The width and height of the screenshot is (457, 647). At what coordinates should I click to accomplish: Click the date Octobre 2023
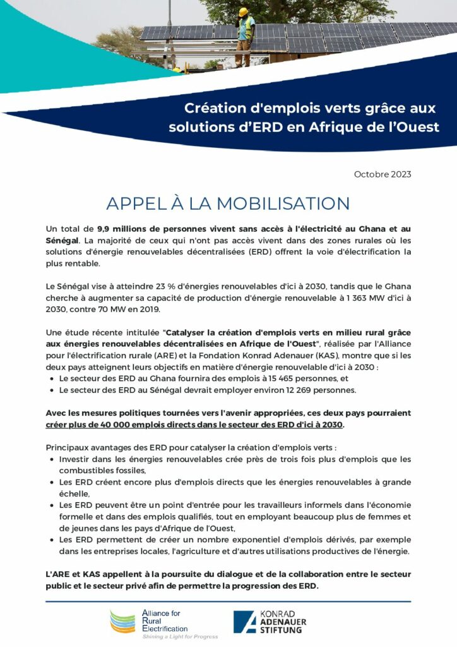(x=383, y=174)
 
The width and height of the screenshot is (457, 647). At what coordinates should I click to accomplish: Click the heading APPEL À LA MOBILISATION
(x=228, y=203)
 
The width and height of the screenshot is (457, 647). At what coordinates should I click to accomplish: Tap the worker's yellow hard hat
(x=243, y=12)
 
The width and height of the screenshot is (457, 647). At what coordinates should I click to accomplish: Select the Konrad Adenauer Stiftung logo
(x=272, y=622)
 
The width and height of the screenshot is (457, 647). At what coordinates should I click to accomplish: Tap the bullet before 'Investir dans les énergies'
(x=51, y=459)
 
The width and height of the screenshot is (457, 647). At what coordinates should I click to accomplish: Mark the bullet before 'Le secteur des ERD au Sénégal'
(x=51, y=390)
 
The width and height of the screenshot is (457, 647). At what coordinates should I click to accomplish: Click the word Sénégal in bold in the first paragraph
(x=62, y=240)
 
